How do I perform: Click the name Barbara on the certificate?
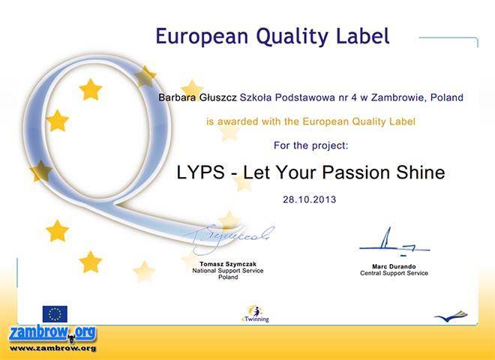click(177, 97)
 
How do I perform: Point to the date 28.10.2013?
click(309, 199)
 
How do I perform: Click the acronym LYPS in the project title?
click(200, 172)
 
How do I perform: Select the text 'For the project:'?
click(311, 145)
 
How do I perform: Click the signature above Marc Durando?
click(394, 243)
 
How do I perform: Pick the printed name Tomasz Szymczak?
click(228, 264)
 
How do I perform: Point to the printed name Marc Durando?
click(394, 266)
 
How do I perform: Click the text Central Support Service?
click(394, 273)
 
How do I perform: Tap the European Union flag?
click(55, 314)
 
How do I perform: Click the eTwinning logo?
click(255, 313)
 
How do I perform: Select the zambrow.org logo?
click(52, 334)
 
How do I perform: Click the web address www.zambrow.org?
click(52, 349)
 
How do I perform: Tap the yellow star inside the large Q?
click(90, 90)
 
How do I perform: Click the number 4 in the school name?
click(354, 97)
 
